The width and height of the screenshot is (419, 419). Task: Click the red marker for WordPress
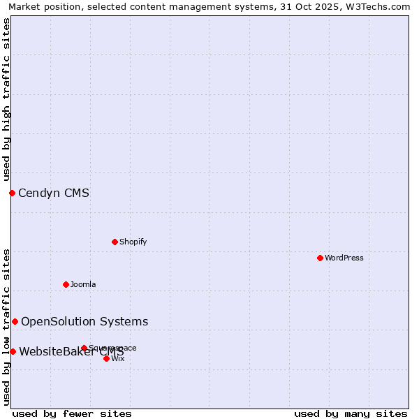click(x=320, y=258)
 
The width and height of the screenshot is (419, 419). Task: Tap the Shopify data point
click(x=115, y=242)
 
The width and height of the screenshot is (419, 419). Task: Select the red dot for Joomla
click(x=66, y=284)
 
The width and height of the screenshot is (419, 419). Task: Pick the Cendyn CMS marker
click(x=12, y=193)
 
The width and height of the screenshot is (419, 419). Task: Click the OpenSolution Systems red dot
click(x=15, y=321)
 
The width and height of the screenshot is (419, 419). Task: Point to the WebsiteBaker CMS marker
click(x=13, y=351)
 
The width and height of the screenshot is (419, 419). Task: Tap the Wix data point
click(x=106, y=358)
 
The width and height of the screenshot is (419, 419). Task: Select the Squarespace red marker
click(x=84, y=348)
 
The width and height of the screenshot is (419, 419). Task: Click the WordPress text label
click(x=344, y=258)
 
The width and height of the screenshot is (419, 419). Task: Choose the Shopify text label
click(x=133, y=242)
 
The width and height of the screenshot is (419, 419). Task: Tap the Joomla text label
click(x=83, y=284)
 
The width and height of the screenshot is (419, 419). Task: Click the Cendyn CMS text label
click(x=54, y=193)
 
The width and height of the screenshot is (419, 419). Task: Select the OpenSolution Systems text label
click(x=84, y=322)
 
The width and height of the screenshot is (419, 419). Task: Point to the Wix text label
click(x=118, y=358)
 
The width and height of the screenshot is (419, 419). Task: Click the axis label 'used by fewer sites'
click(x=72, y=413)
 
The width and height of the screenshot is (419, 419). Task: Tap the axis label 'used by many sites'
click(x=351, y=413)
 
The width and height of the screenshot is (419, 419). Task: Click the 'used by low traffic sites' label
click(x=6, y=327)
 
